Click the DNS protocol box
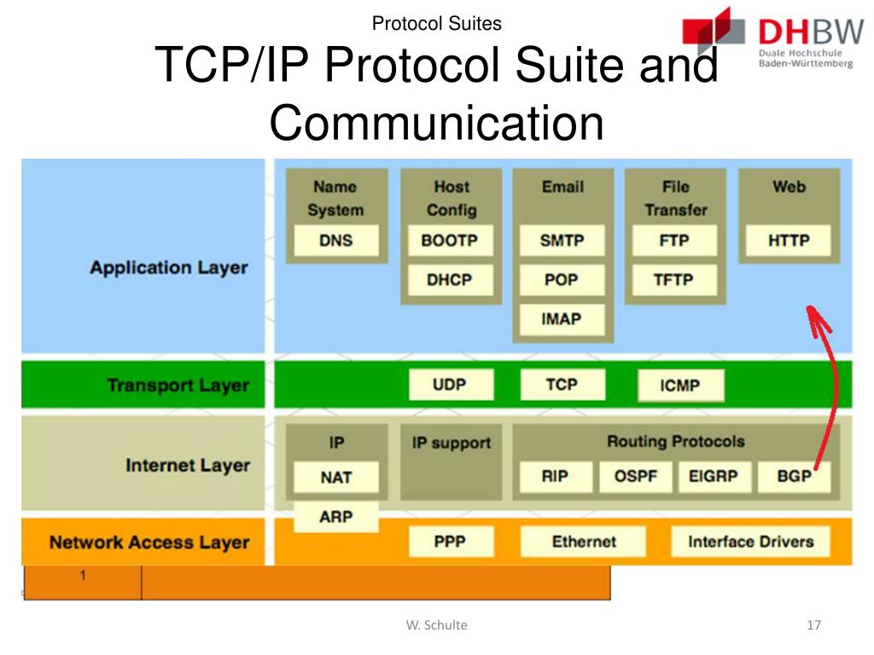point(335,241)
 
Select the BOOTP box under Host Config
point(449,241)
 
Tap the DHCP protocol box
point(449,280)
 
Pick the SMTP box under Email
point(562,241)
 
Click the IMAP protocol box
point(562,320)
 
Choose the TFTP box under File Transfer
point(673,280)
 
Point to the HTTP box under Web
point(788,241)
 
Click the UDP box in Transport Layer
point(449,385)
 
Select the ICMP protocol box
point(679,385)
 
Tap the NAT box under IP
point(335,477)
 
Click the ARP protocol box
point(335,517)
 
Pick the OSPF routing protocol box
point(636,477)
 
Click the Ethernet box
point(584,542)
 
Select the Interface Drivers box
point(750,542)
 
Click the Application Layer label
point(168,268)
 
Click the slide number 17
point(813,625)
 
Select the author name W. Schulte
point(436,625)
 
